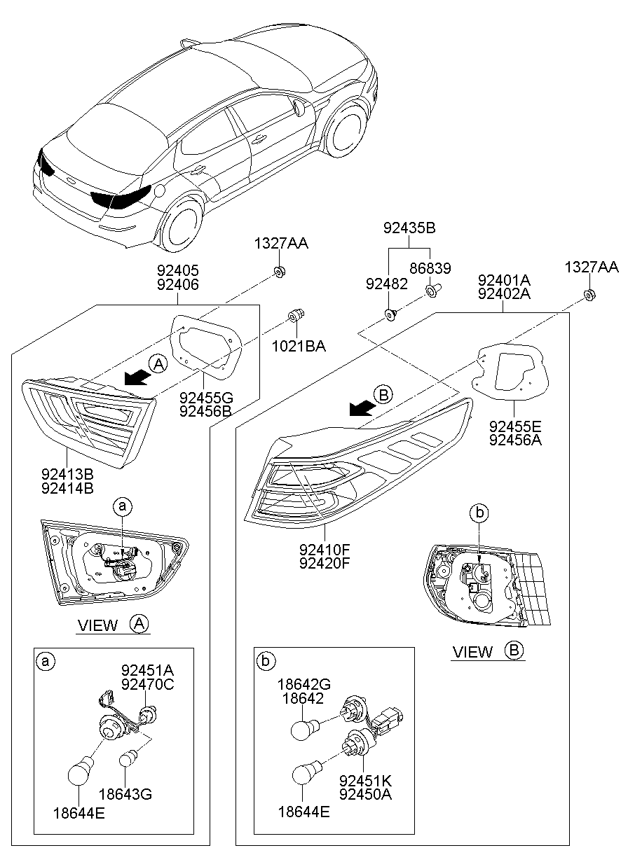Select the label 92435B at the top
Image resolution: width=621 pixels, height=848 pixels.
click(410, 228)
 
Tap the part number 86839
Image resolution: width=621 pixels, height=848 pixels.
click(430, 268)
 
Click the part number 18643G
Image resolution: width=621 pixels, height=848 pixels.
click(125, 794)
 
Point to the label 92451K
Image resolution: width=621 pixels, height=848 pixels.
click(364, 780)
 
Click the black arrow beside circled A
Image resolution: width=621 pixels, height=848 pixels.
click(137, 377)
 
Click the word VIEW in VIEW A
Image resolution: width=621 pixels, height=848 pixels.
click(98, 625)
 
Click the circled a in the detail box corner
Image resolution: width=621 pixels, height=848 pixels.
click(46, 661)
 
